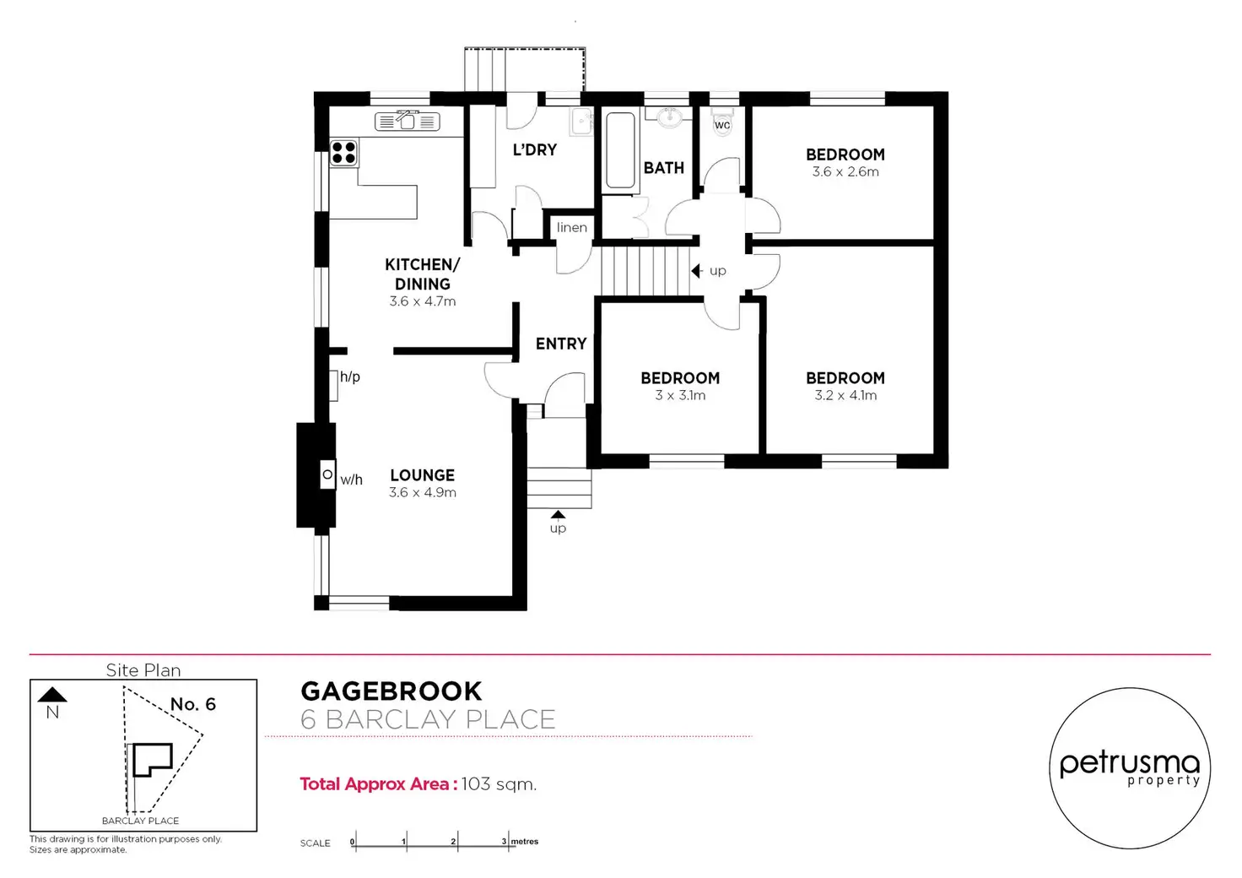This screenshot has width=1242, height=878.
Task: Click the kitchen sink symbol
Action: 408,121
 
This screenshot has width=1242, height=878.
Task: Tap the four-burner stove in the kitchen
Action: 343,153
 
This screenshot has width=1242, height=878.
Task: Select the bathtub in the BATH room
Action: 620,150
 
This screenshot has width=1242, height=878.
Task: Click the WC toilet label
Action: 722,125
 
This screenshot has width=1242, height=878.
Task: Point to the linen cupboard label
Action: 572,227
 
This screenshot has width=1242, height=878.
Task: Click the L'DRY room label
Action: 534,149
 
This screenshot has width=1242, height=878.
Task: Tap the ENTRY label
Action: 561,344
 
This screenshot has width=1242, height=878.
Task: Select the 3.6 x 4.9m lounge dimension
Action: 423,492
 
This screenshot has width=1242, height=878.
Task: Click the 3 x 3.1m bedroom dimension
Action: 680,395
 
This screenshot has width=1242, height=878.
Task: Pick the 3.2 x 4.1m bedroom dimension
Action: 845,395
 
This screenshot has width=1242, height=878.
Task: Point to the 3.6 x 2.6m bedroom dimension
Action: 845,172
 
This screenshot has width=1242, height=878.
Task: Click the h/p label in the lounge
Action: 350,377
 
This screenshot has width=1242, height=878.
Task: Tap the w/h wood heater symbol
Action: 327,474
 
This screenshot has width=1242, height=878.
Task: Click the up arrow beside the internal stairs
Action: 696,271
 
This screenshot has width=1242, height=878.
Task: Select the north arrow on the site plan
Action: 52,695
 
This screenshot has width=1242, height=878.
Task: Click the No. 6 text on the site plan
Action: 193,704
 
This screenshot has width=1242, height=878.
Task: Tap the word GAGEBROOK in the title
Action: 391,691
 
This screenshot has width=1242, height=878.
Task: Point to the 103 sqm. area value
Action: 499,784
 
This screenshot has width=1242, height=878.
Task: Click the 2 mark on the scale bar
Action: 454,842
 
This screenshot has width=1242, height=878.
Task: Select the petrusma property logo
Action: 1130,768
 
